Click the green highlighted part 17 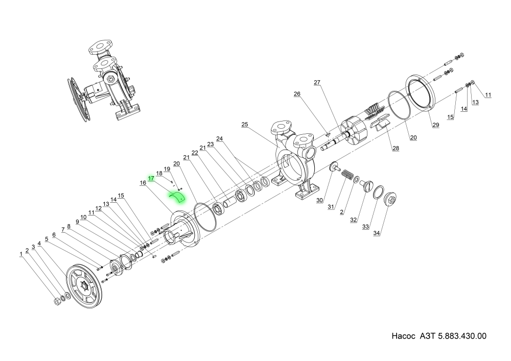pos(178,197)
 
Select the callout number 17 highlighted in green pos(151,178)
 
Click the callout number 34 pos(377,233)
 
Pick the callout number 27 pos(317,82)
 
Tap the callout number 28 pos(396,149)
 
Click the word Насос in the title pos(405,336)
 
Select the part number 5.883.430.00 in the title pos(462,336)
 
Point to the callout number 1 pos(21,254)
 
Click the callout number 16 pos(143,182)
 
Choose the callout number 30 pos(320,200)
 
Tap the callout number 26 pos(297,94)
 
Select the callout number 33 pos(365,227)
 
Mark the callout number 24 pos(220,138)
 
